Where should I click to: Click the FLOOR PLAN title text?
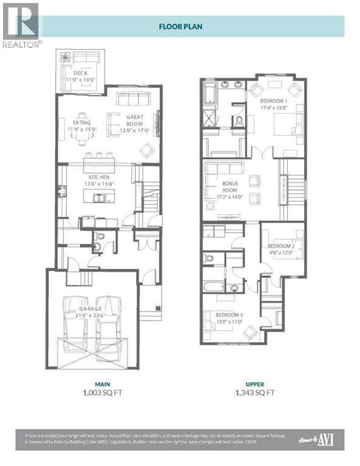(180, 26)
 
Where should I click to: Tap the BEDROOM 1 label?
(274, 104)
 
